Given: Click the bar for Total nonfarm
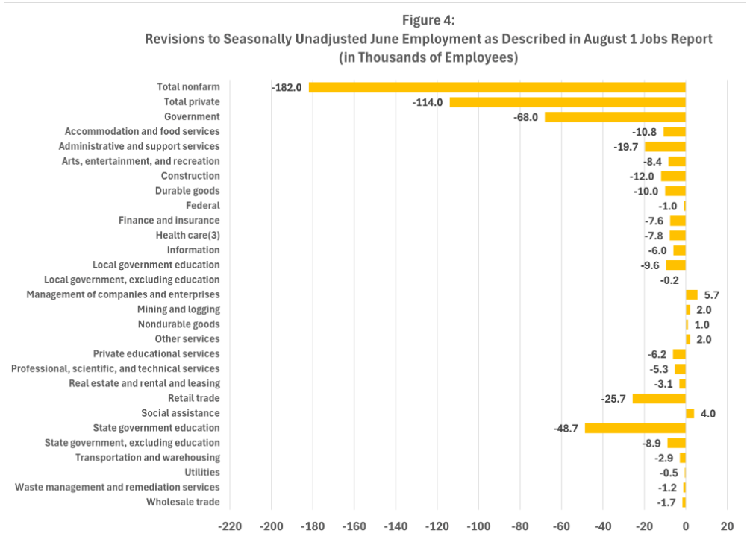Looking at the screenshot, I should point(497,87).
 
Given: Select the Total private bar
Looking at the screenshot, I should point(567,102).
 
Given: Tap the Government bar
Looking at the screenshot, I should point(615,117).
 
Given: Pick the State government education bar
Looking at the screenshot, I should point(635,428).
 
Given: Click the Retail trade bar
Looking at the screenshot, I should point(659,399).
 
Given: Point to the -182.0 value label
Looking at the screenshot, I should point(287,87).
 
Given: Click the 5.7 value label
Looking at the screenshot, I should point(711,294).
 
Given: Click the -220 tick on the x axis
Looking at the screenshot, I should point(230,525).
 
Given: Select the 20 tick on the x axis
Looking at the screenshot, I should point(727,525).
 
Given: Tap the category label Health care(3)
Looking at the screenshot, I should point(187,235).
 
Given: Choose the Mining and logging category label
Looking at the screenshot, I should point(178,309).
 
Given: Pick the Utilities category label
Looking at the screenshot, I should point(202,472).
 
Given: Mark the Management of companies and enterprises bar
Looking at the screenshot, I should point(692,294).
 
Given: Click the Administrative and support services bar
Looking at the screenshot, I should point(665,146).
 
